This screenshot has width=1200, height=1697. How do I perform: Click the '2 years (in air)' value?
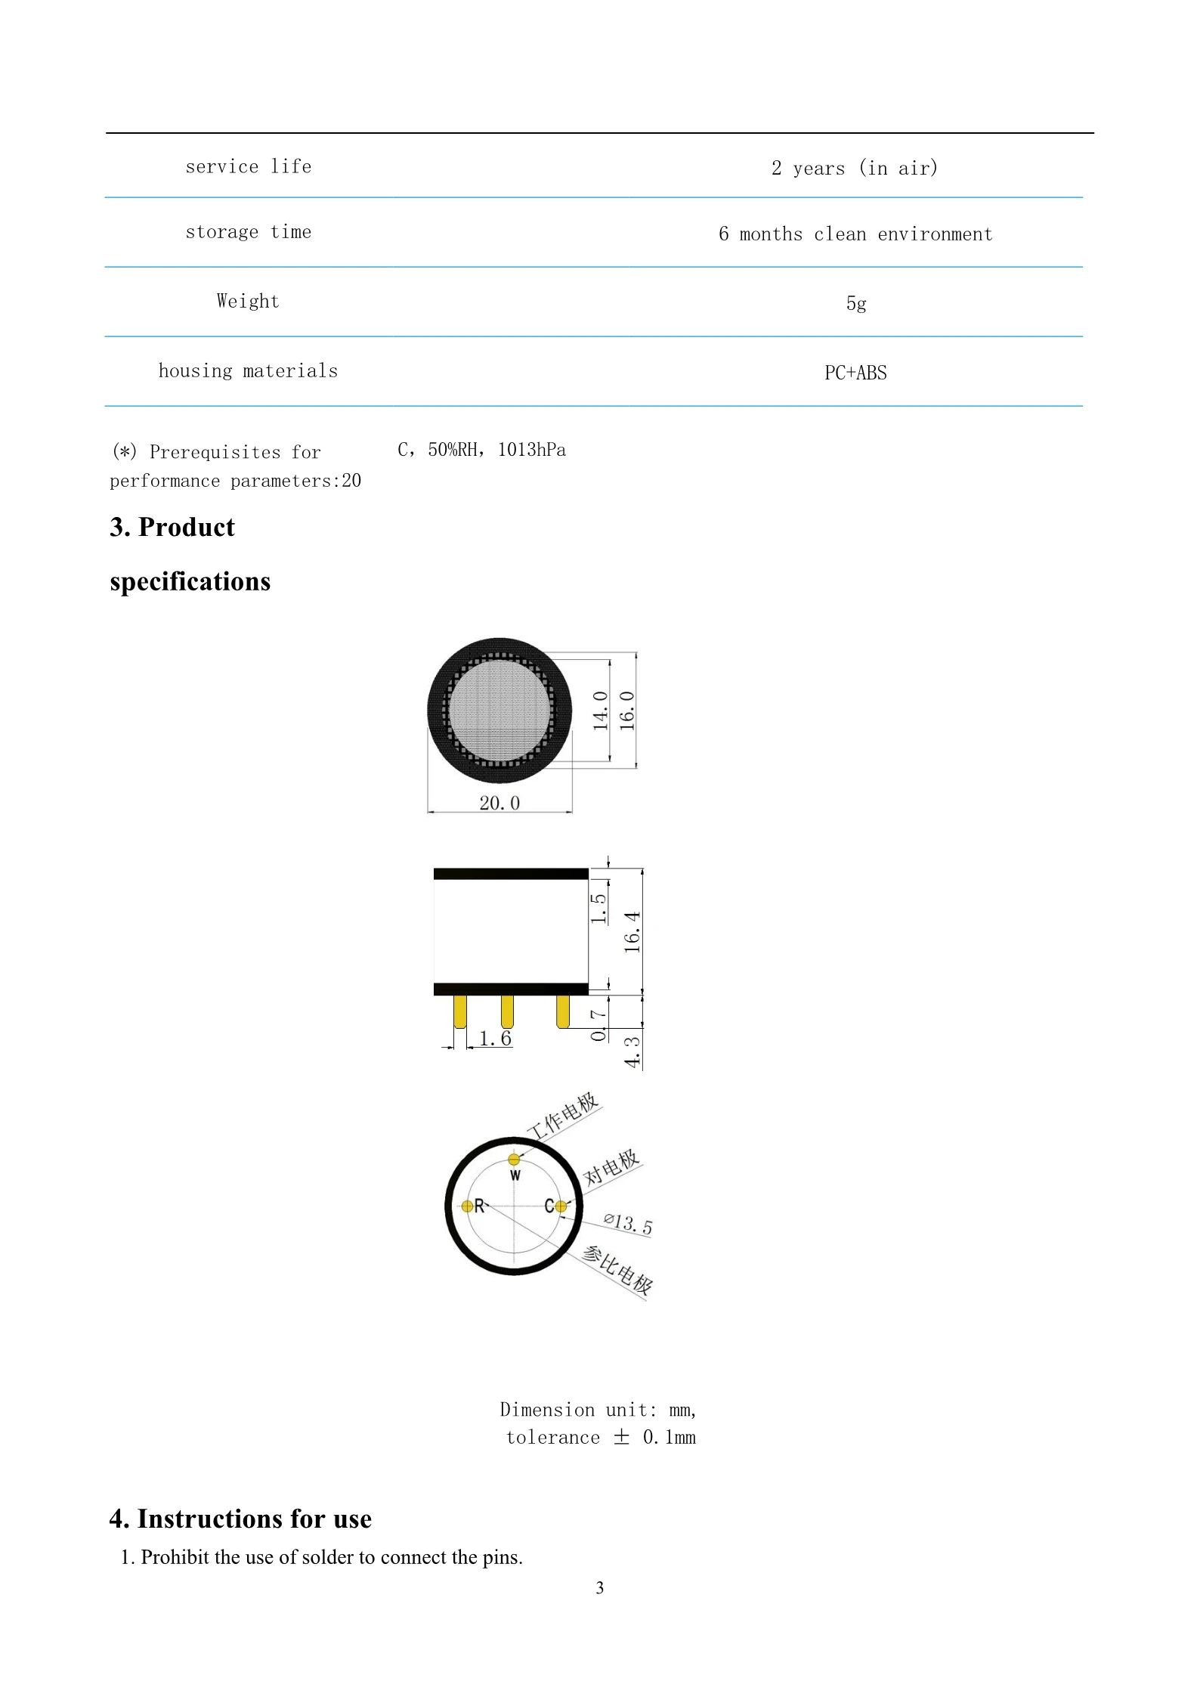click(854, 168)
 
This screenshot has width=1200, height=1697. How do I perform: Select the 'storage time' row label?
click(248, 232)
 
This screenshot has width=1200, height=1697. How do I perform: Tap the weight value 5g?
click(855, 303)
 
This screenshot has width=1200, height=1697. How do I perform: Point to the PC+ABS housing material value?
click(855, 373)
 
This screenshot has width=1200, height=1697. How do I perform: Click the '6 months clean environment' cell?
click(855, 234)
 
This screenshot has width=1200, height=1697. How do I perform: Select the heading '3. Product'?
click(172, 527)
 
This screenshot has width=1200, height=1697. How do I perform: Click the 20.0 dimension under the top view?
click(499, 803)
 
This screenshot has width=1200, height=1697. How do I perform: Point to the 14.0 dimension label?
click(600, 711)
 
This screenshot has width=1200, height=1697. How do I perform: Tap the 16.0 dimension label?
click(626, 711)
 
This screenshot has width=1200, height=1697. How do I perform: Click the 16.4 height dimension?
click(632, 932)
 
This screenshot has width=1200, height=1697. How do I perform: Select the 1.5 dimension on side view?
click(598, 908)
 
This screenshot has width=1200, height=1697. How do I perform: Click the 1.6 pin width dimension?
click(495, 1039)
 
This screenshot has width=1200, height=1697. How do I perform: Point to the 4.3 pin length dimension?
click(632, 1051)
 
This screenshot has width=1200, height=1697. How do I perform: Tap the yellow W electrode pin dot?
click(514, 1160)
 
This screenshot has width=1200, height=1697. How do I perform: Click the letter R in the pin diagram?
click(479, 1206)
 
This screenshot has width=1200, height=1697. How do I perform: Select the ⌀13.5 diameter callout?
click(628, 1223)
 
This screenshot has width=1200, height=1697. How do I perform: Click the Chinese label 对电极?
click(611, 1167)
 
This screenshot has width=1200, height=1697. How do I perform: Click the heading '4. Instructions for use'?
click(240, 1518)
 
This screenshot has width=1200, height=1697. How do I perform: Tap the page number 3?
click(599, 1587)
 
